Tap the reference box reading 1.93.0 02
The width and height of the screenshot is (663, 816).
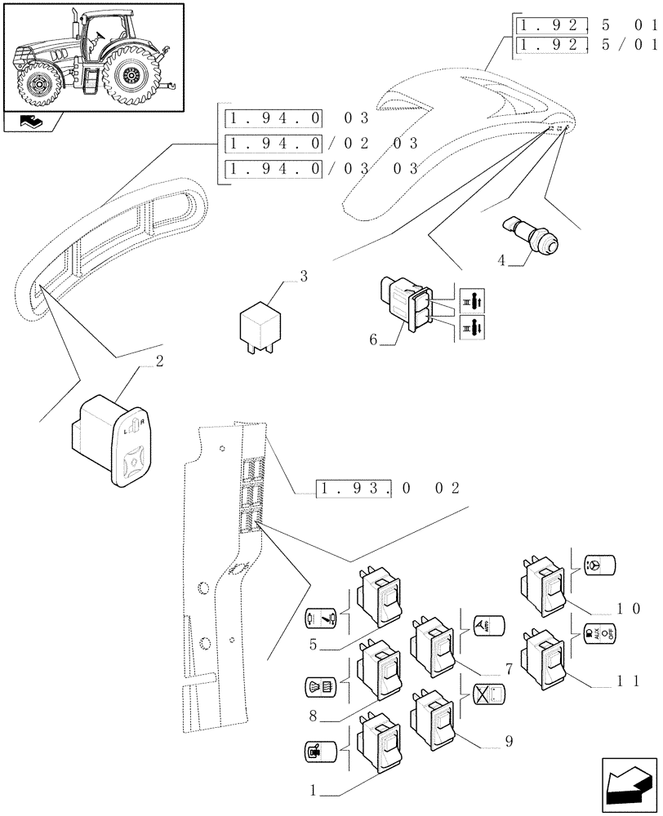pyautogui.click(x=389, y=489)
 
